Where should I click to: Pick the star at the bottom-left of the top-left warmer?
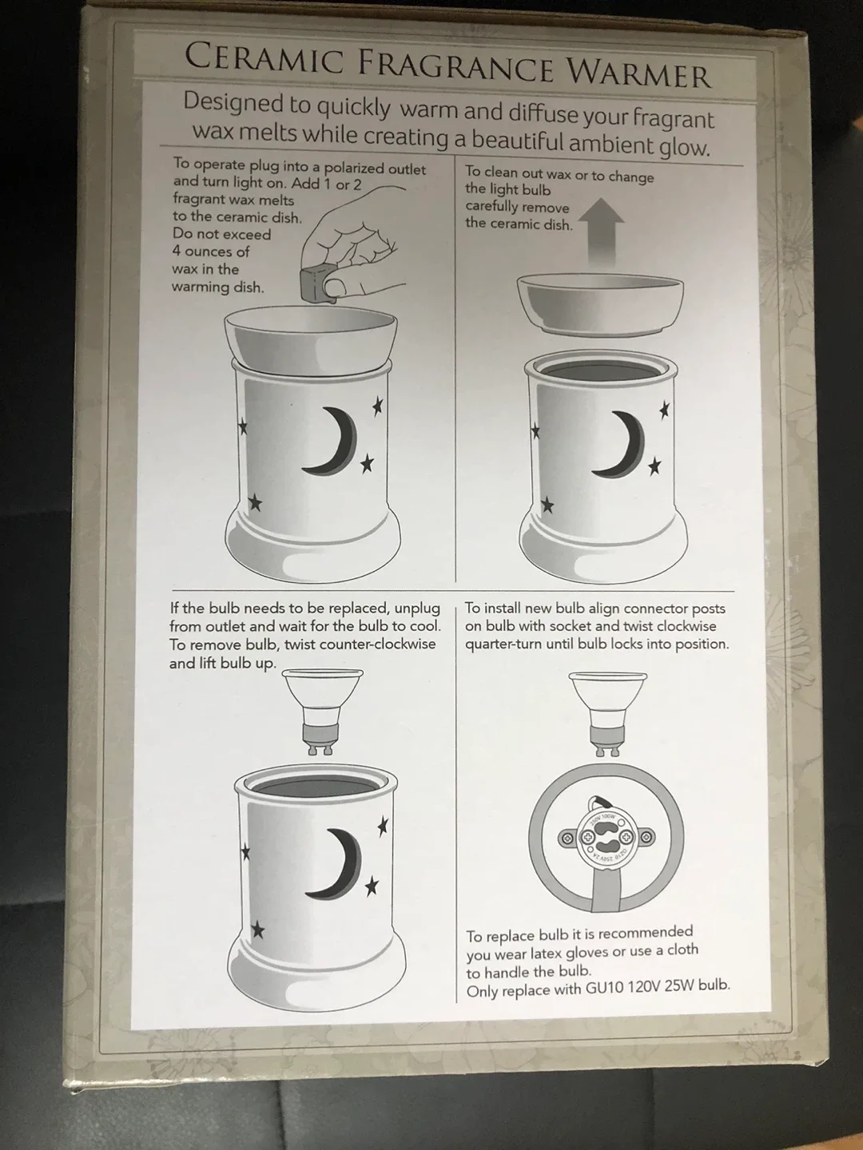256,502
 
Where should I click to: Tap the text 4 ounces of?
211,252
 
